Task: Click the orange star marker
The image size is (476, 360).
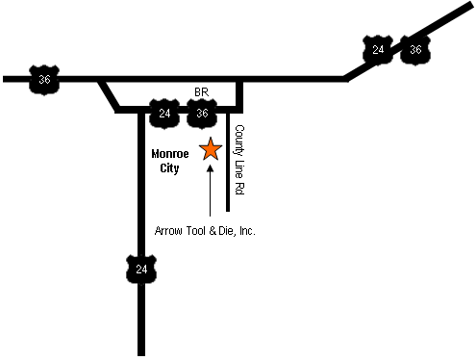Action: click(x=210, y=149)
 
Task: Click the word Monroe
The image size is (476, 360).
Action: click(x=169, y=152)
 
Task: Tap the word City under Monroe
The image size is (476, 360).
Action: click(x=169, y=167)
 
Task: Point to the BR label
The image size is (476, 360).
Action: click(x=201, y=92)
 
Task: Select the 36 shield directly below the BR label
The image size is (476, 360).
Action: click(x=201, y=114)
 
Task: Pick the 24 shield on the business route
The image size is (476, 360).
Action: click(x=164, y=114)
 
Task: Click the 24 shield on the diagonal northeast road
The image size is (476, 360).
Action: click(x=378, y=49)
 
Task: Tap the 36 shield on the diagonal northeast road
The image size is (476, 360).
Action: click(x=414, y=49)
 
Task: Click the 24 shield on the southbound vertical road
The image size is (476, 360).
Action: click(x=141, y=269)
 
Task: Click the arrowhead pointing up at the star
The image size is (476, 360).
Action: click(x=210, y=169)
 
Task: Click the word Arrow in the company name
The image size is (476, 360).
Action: click(x=169, y=231)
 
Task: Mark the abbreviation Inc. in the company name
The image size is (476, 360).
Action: click(x=247, y=231)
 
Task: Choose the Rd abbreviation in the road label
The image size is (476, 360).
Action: click(x=239, y=190)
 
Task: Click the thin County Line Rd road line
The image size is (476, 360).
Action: click(x=228, y=183)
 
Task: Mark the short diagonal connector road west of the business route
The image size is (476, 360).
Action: click(x=108, y=95)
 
